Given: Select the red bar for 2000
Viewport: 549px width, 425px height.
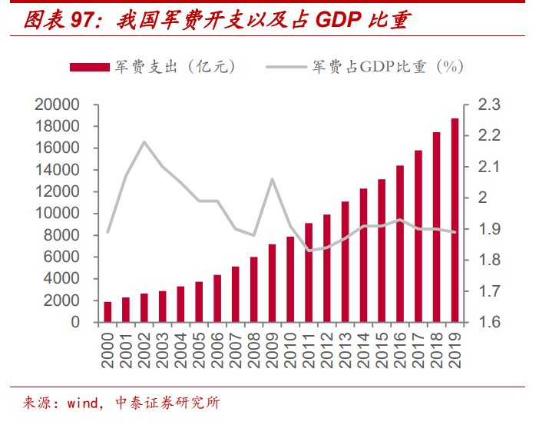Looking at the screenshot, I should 107,312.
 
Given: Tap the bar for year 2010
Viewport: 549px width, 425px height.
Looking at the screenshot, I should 290,280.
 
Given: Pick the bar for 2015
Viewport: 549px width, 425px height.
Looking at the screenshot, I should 382,251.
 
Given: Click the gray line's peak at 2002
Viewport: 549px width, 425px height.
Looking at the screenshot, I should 144,142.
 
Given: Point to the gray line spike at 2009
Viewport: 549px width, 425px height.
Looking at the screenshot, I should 273,179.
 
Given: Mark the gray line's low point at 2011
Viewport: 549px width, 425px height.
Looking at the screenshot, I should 309,251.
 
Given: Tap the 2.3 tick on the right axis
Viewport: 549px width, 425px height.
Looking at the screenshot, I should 488,105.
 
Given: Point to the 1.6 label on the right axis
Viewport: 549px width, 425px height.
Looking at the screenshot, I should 488,323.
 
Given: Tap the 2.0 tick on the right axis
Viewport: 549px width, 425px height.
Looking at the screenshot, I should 488,198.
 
